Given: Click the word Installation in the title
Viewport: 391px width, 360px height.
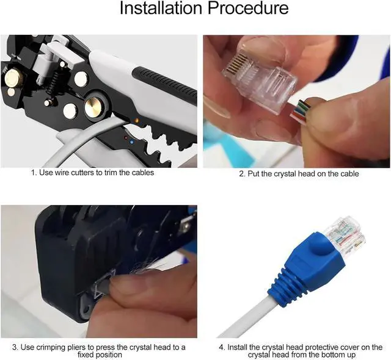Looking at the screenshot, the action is [x=161, y=8].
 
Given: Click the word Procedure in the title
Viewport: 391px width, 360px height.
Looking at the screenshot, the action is [x=248, y=8].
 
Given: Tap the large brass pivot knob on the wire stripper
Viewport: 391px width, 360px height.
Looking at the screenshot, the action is [x=92, y=106].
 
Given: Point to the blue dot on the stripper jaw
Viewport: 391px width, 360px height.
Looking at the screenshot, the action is [x=132, y=142].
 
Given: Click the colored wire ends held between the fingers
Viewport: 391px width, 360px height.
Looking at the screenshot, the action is [x=301, y=110].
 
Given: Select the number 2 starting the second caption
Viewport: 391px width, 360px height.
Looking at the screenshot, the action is [x=241, y=174].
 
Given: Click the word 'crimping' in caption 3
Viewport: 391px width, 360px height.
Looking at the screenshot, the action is [x=51, y=347].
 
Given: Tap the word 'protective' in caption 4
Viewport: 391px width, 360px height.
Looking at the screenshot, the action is [x=322, y=347].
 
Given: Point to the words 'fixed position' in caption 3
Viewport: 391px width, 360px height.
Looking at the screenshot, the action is [x=100, y=355].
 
